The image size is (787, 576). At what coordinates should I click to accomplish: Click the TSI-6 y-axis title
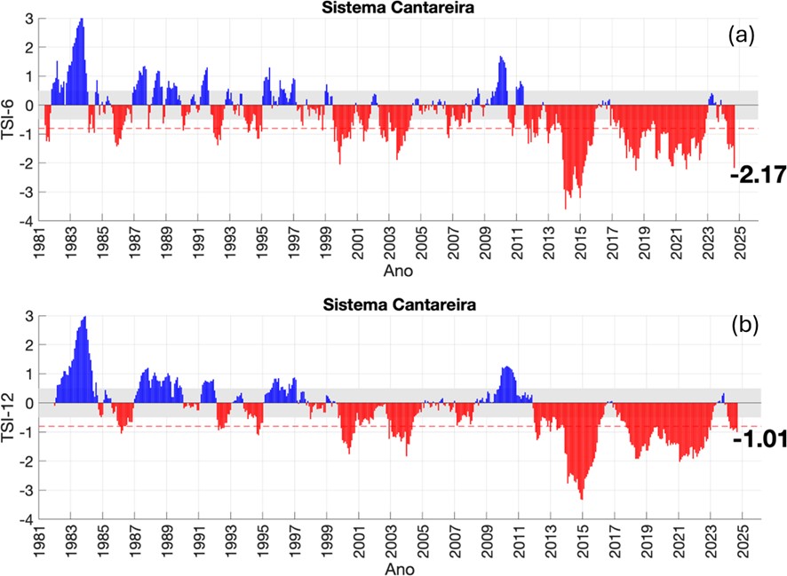pos(11,120)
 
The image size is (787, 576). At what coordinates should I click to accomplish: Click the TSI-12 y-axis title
pos(11,417)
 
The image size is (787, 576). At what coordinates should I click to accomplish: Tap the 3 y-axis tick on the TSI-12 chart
pos(31,316)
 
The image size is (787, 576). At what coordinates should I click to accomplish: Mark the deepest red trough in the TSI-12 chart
pos(581,497)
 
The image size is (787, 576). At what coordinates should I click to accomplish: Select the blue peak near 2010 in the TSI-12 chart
pos(506,368)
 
